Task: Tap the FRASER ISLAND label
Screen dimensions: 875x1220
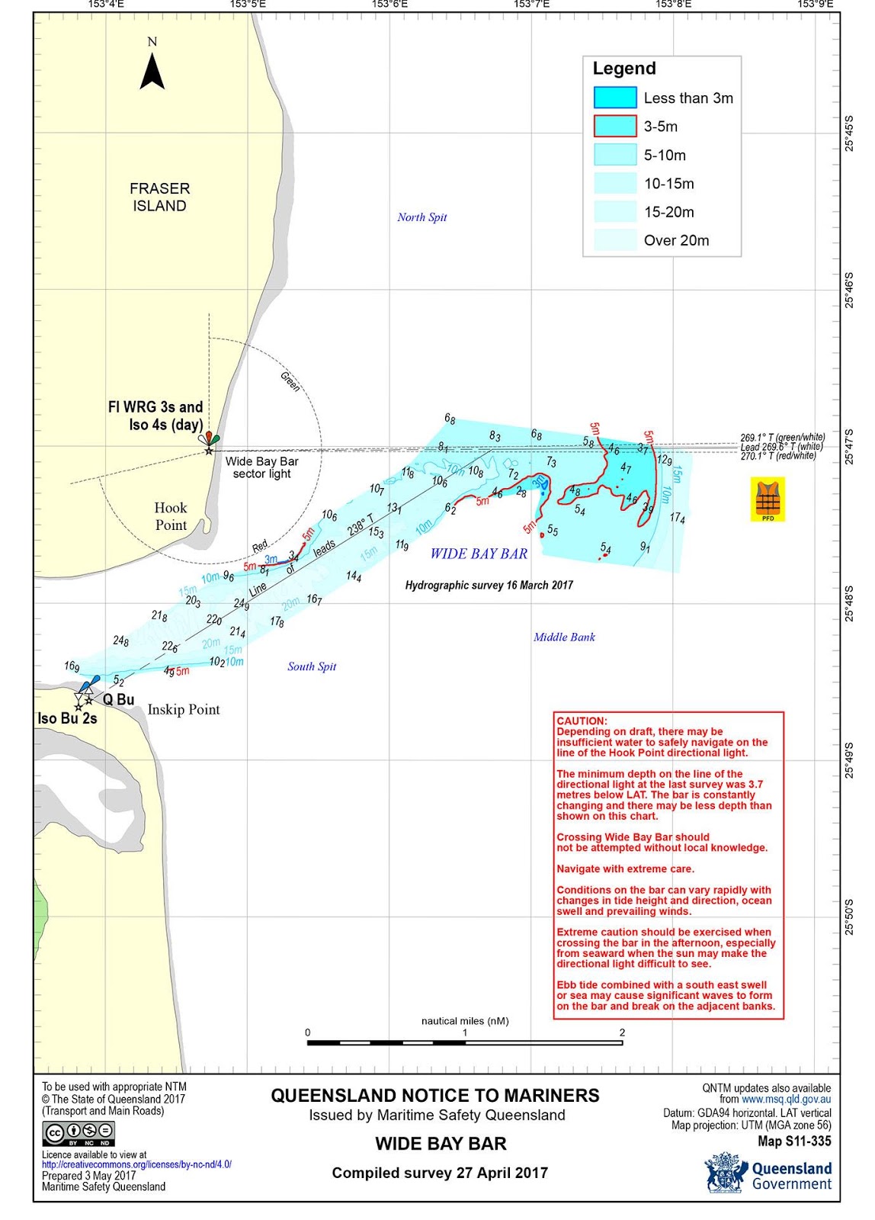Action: tap(159, 197)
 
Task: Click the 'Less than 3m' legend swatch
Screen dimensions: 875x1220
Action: tap(614, 98)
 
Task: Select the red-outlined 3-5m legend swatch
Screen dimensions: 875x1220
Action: tap(614, 126)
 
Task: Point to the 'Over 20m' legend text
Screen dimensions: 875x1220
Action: tap(676, 240)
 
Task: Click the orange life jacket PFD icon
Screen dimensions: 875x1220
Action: tap(768, 499)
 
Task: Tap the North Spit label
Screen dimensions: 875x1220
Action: tap(421, 217)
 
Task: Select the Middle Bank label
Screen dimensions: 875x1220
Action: tap(564, 637)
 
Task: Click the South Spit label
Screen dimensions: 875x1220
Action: tap(312, 666)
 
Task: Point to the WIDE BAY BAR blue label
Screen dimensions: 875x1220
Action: tap(479, 554)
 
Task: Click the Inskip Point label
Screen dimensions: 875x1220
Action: tap(184, 710)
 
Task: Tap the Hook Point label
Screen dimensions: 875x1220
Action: tap(171, 516)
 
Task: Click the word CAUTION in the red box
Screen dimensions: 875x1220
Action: tap(582, 721)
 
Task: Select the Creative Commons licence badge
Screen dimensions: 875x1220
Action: tap(79, 1135)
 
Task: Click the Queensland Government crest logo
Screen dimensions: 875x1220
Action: tap(725, 1173)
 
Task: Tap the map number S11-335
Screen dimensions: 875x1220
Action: tap(794, 1141)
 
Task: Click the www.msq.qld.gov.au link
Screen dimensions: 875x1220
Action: tap(786, 1100)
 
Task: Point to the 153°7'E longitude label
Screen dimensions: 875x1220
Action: tap(531, 5)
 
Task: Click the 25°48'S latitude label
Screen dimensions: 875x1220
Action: tap(849, 603)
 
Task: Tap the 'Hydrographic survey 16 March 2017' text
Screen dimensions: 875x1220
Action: tap(489, 586)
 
